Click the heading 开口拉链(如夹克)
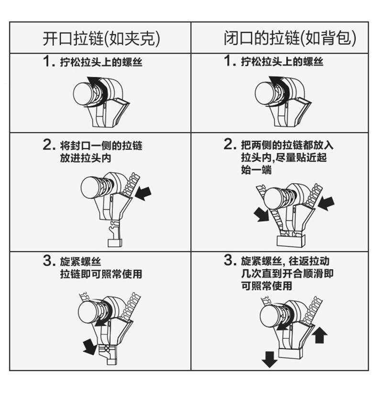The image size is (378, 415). coord(101,39)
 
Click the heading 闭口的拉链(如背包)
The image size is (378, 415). coord(290,38)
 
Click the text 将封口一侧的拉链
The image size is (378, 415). coord(101,145)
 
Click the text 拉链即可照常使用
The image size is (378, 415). coord(101,273)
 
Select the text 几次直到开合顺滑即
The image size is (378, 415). coord(287,273)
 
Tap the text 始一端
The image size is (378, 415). coord(256,169)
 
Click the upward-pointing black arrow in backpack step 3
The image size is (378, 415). coord(320,335)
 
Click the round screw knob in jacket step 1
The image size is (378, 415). coord(83,93)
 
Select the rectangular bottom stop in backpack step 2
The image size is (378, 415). coord(291,240)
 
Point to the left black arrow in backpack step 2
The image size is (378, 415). coord(262,214)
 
